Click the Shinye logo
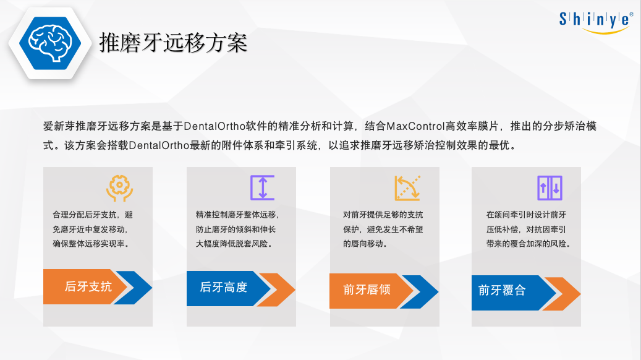[596, 22]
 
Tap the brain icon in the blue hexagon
[50, 43]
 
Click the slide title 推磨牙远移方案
[173, 43]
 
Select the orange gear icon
[119, 188]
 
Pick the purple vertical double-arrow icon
[263, 188]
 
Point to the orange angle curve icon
[407, 188]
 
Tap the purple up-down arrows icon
[550, 188]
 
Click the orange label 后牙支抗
[88, 286]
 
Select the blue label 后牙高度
[224, 287]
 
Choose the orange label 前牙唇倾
[367, 289]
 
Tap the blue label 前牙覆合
[502, 291]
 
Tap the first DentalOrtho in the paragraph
[214, 126]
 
